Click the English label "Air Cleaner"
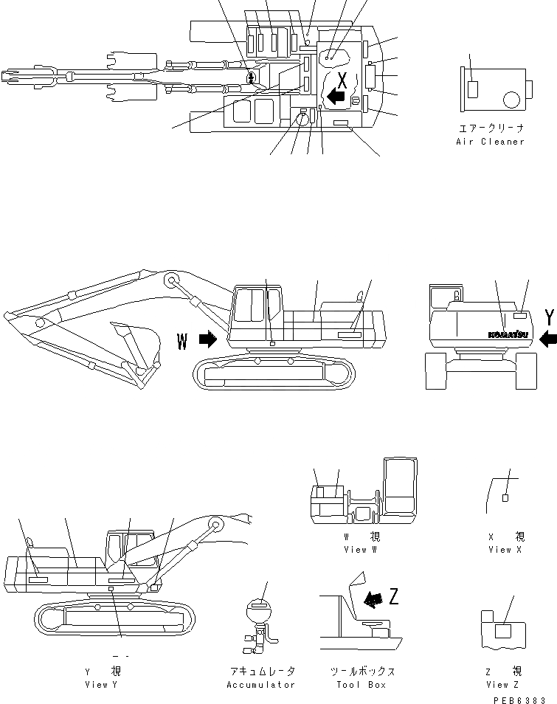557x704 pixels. (x=490, y=141)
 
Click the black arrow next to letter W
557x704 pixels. (x=208, y=339)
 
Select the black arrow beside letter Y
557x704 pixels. (x=547, y=339)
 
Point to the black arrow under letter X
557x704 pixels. (x=336, y=96)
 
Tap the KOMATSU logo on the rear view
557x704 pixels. (x=507, y=334)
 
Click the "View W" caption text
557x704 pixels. (x=361, y=550)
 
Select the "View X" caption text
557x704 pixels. (x=506, y=550)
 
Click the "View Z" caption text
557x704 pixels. (x=502, y=685)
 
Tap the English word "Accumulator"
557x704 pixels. (x=261, y=685)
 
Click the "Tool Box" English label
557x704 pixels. (x=361, y=685)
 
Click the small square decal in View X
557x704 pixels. (x=505, y=498)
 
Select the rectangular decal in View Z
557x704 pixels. (x=503, y=630)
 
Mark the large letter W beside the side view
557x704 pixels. (x=183, y=340)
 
